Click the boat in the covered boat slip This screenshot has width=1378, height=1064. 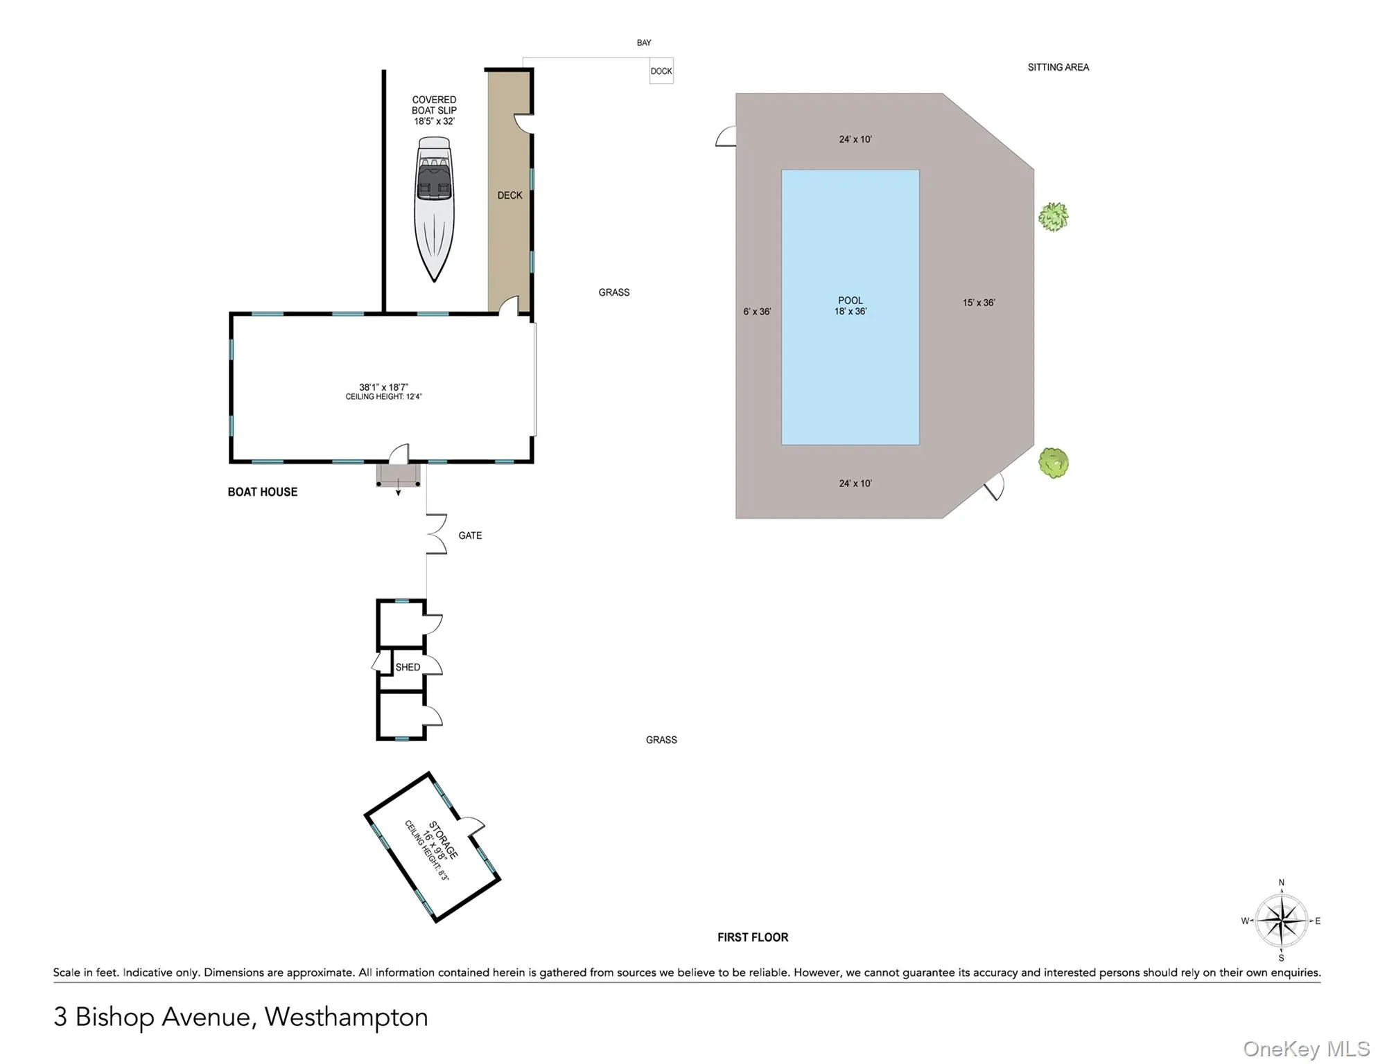click(434, 208)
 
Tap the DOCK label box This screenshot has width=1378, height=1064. click(661, 71)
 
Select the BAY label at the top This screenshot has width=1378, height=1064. click(643, 43)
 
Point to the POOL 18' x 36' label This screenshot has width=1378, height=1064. click(850, 305)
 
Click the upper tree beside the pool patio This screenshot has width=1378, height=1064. click(1052, 217)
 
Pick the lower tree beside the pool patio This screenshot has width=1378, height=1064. click(1053, 462)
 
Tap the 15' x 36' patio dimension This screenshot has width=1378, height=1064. click(978, 303)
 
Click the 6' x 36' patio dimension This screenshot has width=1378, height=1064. click(756, 312)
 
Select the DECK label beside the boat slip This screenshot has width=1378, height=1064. click(509, 195)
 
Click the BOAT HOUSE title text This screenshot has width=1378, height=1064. click(262, 492)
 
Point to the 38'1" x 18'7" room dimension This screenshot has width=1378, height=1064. click(383, 387)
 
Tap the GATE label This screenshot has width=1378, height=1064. click(469, 535)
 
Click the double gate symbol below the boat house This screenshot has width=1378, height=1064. click(436, 534)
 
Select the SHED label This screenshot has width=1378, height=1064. click(408, 667)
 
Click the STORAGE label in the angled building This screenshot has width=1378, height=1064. click(443, 840)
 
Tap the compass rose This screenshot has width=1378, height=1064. click(1281, 921)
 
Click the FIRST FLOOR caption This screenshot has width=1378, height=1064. click(752, 937)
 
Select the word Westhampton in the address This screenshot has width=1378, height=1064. click(346, 1016)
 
